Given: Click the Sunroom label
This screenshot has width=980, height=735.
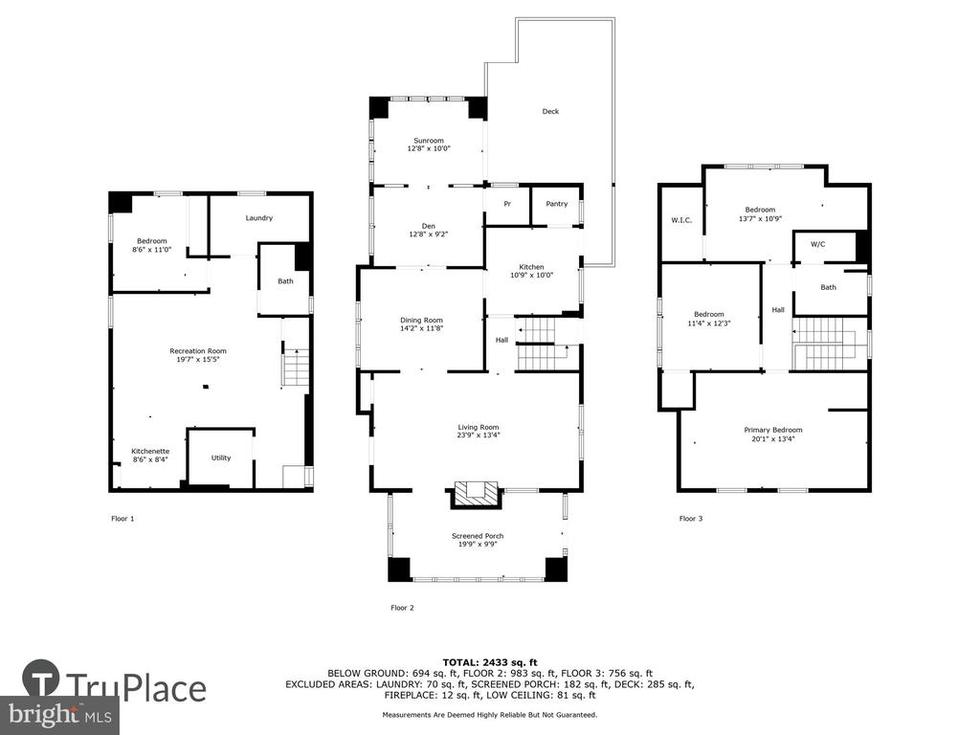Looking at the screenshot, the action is (429, 141).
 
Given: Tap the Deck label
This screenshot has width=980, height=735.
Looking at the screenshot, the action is (550, 111).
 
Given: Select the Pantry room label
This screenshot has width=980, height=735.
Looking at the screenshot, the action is (557, 204).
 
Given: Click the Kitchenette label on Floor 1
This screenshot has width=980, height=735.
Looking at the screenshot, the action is (150, 452).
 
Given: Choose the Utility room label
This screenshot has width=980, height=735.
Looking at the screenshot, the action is (221, 457).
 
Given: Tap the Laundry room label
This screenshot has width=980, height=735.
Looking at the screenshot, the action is (258, 218).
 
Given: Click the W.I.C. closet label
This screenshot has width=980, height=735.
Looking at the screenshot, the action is (681, 220).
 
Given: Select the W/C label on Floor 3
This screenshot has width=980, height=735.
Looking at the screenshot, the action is (818, 244).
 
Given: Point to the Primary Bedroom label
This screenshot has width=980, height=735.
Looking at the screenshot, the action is (773, 430).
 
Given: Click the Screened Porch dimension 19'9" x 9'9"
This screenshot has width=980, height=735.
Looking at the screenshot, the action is (478, 545).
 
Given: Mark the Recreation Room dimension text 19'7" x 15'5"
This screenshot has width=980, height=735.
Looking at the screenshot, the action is (198, 360).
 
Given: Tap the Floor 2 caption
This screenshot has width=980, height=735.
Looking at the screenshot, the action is (403, 608).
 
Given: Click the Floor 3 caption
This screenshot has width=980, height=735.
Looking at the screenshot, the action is (691, 518).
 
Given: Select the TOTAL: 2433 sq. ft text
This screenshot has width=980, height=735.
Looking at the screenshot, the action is (490, 662).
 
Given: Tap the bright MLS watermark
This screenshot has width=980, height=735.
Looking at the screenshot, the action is (59, 715).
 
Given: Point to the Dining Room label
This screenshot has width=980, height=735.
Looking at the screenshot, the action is (422, 320).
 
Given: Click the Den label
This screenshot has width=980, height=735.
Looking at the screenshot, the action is (429, 226).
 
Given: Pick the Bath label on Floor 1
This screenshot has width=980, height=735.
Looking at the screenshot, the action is (285, 281).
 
